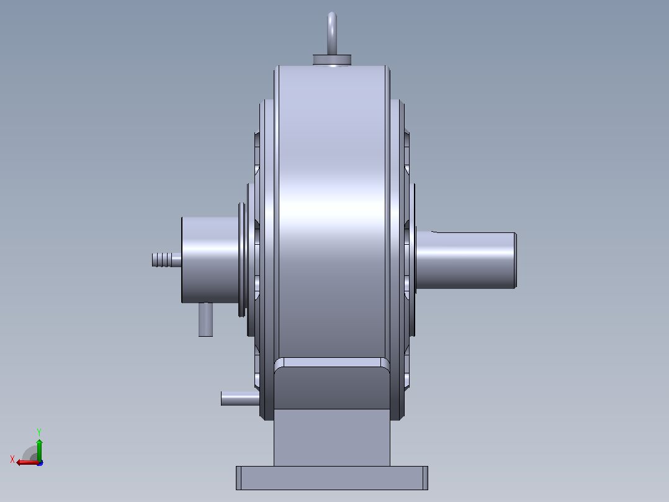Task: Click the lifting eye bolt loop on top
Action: pyautogui.click(x=332, y=32)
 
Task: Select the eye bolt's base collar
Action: pyautogui.click(x=332, y=60)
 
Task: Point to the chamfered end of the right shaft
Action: pyautogui.click(x=515, y=260)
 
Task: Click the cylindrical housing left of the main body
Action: pyautogui.click(x=210, y=260)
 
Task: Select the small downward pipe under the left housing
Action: pyautogui.click(x=205, y=319)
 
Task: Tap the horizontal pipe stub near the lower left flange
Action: pyautogui.click(x=240, y=398)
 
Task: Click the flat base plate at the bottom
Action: pyautogui.click(x=332, y=478)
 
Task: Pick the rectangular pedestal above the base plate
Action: pyautogui.click(x=332, y=437)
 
